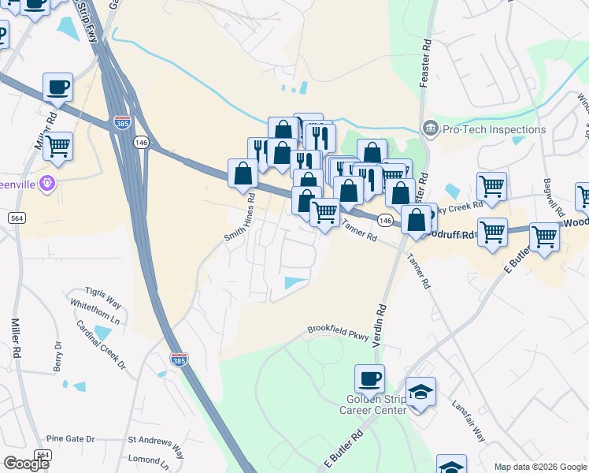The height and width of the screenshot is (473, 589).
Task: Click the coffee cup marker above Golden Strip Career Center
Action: [x=370, y=379]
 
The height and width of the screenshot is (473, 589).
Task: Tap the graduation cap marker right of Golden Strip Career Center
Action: [x=421, y=392]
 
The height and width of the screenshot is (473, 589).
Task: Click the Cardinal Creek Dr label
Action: [x=101, y=345]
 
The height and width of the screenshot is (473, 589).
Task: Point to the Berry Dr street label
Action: [x=57, y=356]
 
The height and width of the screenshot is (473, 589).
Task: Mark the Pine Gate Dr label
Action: [x=70, y=439]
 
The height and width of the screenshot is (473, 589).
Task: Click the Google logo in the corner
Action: [x=26, y=464]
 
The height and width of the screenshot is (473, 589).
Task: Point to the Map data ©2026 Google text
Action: [x=540, y=467]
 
